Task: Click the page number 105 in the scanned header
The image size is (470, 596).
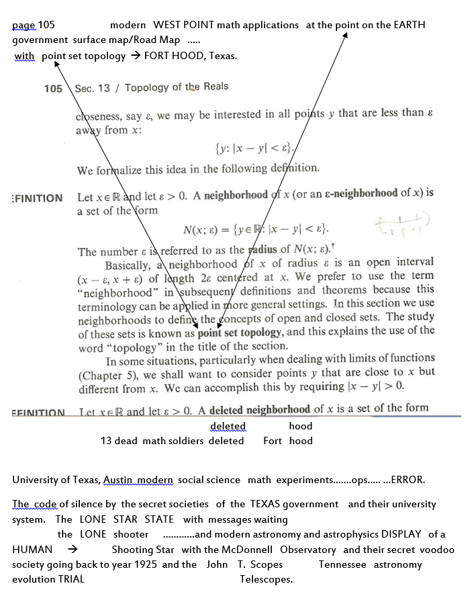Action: point(53,89)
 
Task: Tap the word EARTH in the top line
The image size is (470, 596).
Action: point(405,25)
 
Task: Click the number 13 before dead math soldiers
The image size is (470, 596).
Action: point(105,441)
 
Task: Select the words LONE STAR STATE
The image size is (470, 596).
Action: point(126,519)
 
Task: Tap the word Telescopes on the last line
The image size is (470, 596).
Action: point(266,579)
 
